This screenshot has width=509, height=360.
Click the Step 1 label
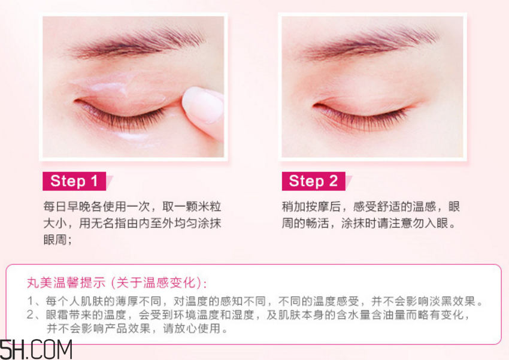pyautogui.click(x=74, y=181)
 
